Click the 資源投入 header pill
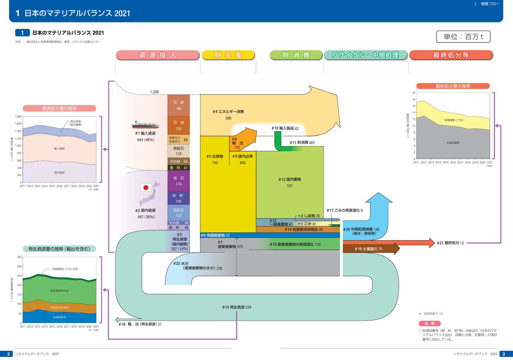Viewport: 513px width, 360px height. tap(158, 55)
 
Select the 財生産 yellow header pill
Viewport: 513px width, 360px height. tap(228, 55)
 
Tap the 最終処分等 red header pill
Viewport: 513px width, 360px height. tap(451, 55)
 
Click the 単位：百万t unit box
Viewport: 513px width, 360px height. tap(463, 37)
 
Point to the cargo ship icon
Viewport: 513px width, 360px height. tap(146, 125)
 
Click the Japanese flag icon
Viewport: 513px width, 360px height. tap(146, 187)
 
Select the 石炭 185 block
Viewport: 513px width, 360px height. tap(179, 106)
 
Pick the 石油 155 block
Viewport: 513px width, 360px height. tap(179, 126)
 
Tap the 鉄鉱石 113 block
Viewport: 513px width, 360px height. tap(179, 151)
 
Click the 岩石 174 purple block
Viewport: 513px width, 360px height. tap(179, 181)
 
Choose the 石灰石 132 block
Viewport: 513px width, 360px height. tap(179, 213)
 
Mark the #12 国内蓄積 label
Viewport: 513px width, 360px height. tap(289, 179)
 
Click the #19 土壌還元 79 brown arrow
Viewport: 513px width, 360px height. tap(369, 249)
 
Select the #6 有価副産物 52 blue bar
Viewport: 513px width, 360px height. tap(270, 235)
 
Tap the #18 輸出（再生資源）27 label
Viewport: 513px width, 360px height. tap(140, 324)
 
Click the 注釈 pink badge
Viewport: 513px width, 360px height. tap(430, 323)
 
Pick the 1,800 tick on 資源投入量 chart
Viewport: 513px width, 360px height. tap(18, 117)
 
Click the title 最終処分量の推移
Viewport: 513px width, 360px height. tap(453, 86)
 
